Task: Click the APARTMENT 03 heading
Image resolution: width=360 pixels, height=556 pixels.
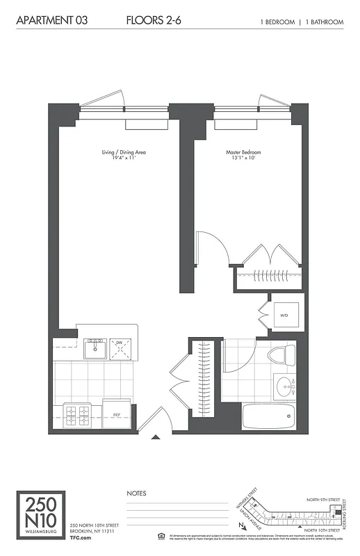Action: pos(47,22)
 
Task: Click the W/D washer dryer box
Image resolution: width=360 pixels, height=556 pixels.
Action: pos(284,316)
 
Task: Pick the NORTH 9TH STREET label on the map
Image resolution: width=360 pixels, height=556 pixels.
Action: pos(325,499)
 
